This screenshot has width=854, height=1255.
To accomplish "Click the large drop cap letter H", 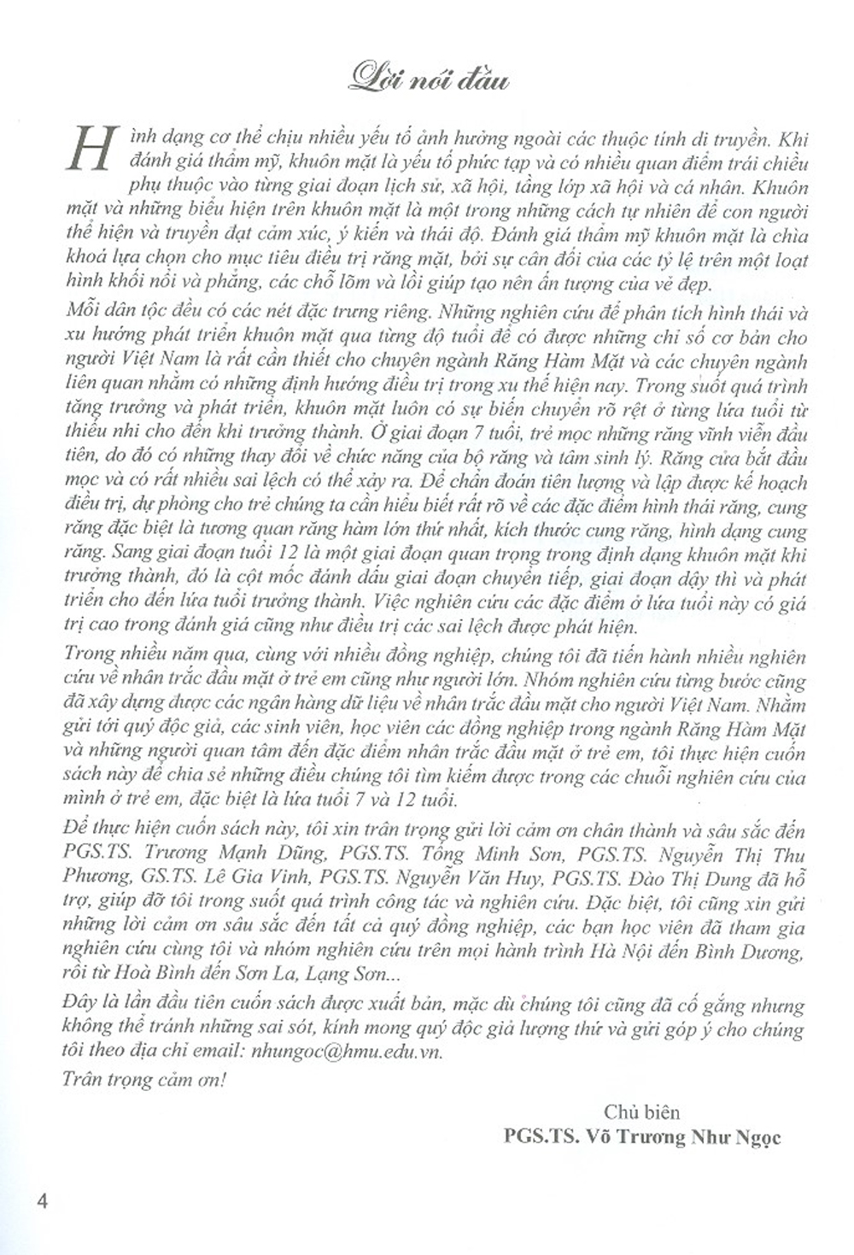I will point(91,146).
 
